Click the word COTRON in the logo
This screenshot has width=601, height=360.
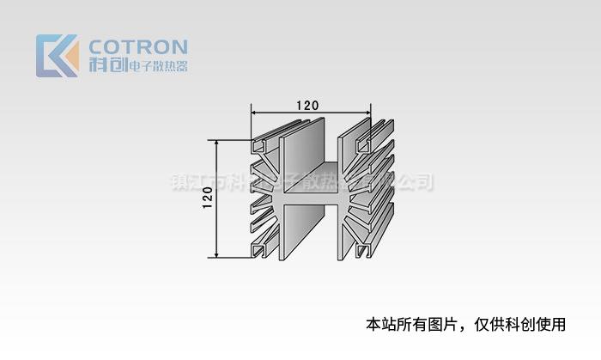coord(138,46)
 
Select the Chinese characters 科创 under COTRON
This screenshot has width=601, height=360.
coord(106,65)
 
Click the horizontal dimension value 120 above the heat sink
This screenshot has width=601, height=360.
coord(307,105)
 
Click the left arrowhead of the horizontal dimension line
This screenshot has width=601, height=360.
coord(254,112)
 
